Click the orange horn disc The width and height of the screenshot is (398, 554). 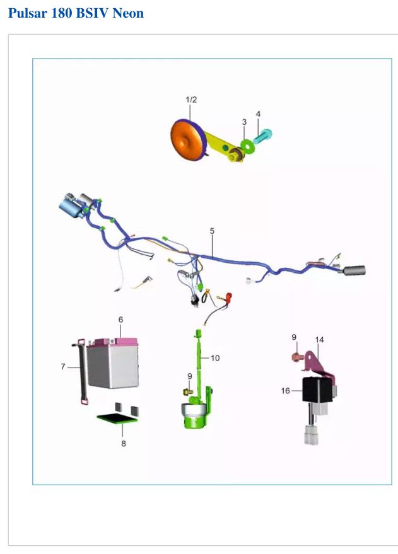185,140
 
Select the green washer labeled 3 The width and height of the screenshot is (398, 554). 247,145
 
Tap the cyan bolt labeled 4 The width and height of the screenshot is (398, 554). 262,136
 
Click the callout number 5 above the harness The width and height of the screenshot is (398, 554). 212,231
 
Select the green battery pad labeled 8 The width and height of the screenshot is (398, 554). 117,418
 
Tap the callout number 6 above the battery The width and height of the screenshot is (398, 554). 120,320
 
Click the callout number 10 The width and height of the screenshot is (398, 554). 215,358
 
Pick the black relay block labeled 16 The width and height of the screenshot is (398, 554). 317,390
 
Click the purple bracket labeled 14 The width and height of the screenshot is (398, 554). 317,364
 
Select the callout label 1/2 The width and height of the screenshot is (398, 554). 191,100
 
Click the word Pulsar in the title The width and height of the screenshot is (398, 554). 28,13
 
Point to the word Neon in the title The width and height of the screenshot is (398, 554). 128,13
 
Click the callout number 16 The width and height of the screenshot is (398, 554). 285,390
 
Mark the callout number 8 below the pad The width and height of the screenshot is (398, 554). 124,444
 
